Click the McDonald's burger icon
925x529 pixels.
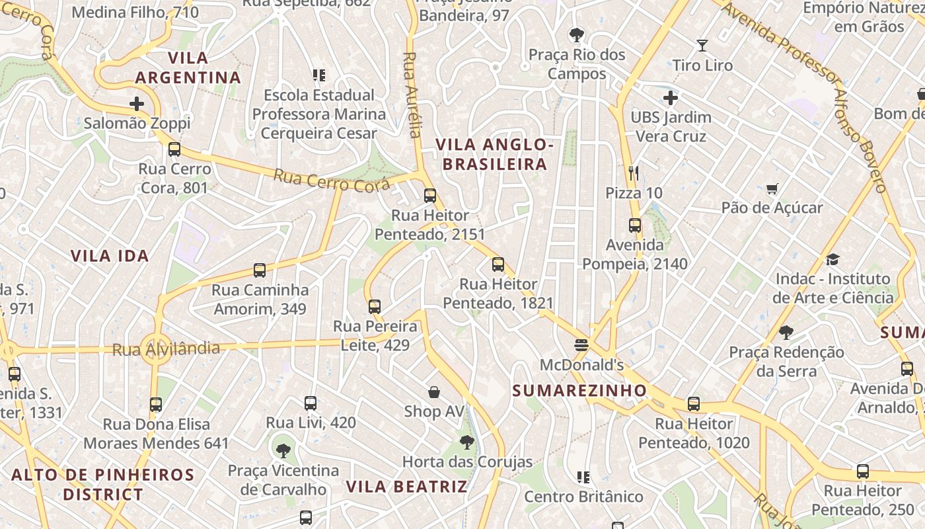tap(581, 345)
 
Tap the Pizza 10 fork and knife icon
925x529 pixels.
tap(634, 173)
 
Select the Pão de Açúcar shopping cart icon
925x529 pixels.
tap(772, 189)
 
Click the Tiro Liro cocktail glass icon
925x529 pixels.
tap(702, 46)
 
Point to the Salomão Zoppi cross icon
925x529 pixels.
tap(137, 104)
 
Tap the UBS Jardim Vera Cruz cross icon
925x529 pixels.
tap(670, 99)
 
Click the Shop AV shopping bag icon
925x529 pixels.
tap(434, 392)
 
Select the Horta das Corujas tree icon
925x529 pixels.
tap(467, 442)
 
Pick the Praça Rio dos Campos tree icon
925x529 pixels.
tap(577, 34)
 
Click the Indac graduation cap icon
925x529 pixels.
tap(832, 259)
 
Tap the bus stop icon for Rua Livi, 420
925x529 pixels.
tap(310, 403)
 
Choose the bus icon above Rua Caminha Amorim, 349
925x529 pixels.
tap(260, 270)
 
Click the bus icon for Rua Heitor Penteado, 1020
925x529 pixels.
tap(693, 403)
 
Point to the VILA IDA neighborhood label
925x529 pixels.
tap(110, 256)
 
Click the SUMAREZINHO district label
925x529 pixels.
tap(579, 390)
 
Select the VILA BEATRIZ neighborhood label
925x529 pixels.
tap(406, 487)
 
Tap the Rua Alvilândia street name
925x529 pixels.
tap(166, 348)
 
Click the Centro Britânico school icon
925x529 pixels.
tap(583, 477)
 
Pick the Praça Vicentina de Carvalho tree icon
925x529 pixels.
tap(283, 451)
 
